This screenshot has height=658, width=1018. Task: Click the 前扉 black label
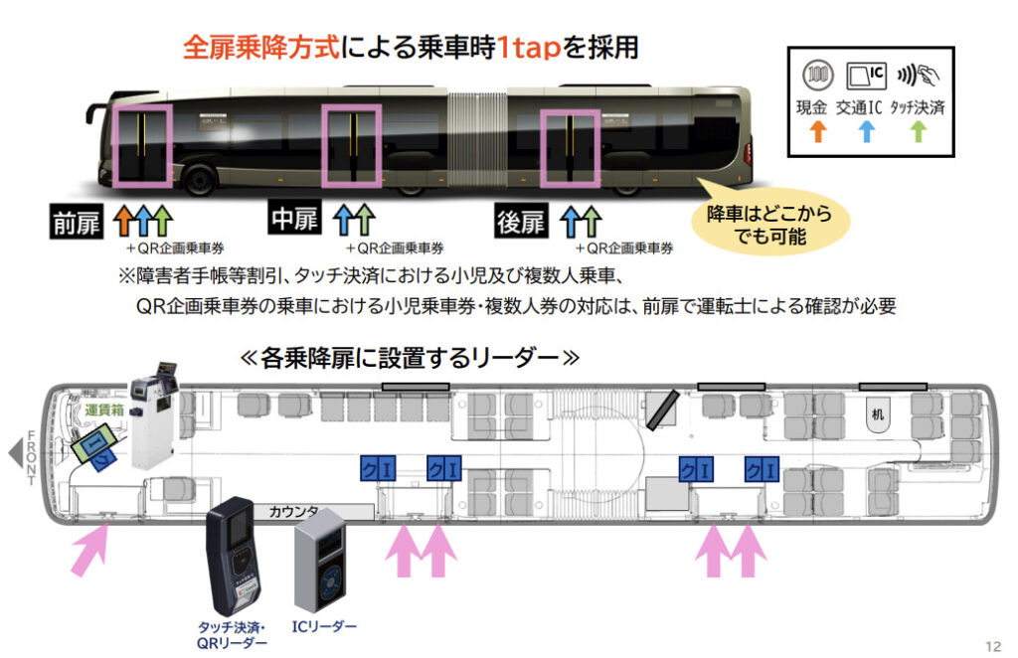tap(78, 223)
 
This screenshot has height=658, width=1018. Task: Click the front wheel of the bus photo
tap(199, 180)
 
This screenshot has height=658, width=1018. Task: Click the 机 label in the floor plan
tap(877, 414)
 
